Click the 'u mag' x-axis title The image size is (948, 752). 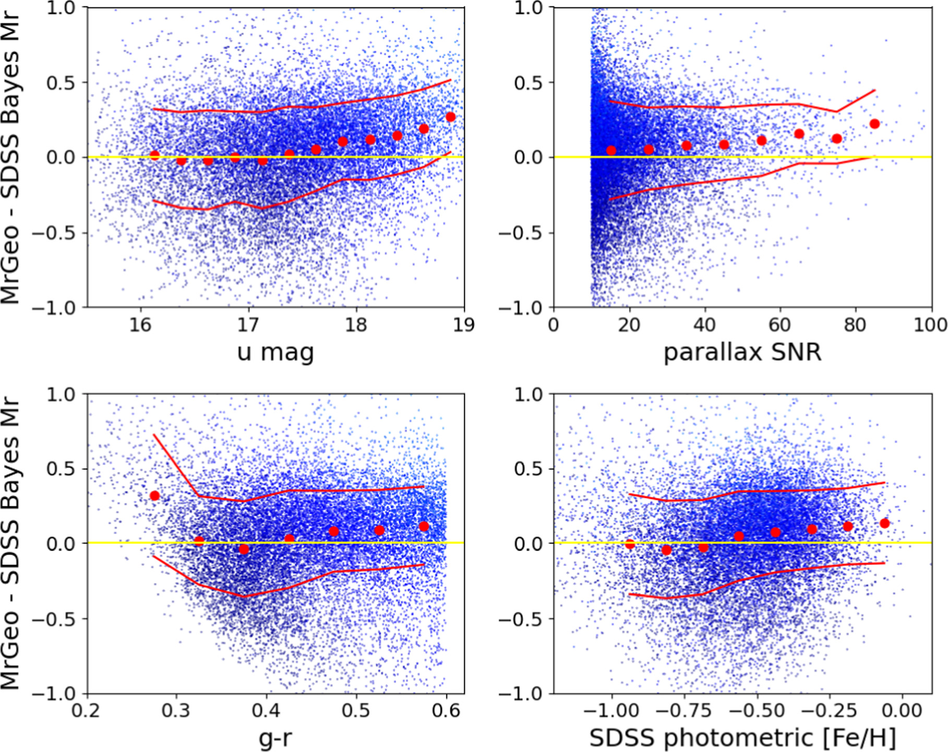[275, 353]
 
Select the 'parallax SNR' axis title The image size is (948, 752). [742, 353]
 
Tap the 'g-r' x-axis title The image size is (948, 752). [275, 739]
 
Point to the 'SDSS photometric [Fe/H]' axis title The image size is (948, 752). [742, 738]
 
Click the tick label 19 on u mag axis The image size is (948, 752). [463, 325]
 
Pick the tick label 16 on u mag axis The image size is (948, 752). [140, 325]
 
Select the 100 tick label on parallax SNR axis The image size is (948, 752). [930, 325]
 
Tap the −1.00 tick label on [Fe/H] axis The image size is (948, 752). [610, 711]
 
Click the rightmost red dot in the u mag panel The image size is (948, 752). [451, 117]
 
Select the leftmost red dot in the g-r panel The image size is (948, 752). [154, 496]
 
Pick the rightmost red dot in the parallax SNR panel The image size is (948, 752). [875, 124]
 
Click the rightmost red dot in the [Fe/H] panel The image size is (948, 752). [884, 523]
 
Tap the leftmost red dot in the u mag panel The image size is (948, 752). [154, 155]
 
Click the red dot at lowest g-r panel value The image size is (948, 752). [244, 550]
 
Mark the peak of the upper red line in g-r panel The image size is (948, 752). [154, 435]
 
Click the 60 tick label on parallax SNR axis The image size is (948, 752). [779, 325]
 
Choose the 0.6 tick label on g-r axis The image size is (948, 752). [447, 711]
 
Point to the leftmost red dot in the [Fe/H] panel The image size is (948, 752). [630, 544]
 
